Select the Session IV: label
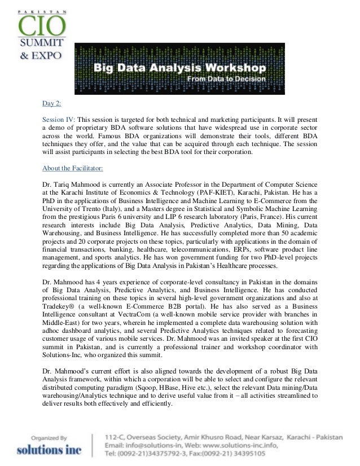[59, 120]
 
